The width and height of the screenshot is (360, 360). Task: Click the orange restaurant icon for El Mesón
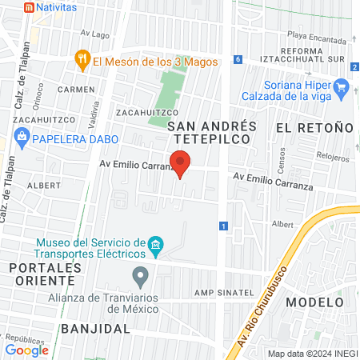[81, 58]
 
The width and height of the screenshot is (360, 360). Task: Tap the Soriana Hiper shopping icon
[343, 86]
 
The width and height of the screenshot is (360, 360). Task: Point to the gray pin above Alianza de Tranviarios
[141, 277]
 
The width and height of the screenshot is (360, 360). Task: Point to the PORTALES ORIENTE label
[41, 274]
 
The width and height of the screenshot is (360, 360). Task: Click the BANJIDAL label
[95, 329]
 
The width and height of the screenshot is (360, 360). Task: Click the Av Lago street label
[94, 34]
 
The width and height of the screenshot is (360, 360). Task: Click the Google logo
[27, 350]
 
